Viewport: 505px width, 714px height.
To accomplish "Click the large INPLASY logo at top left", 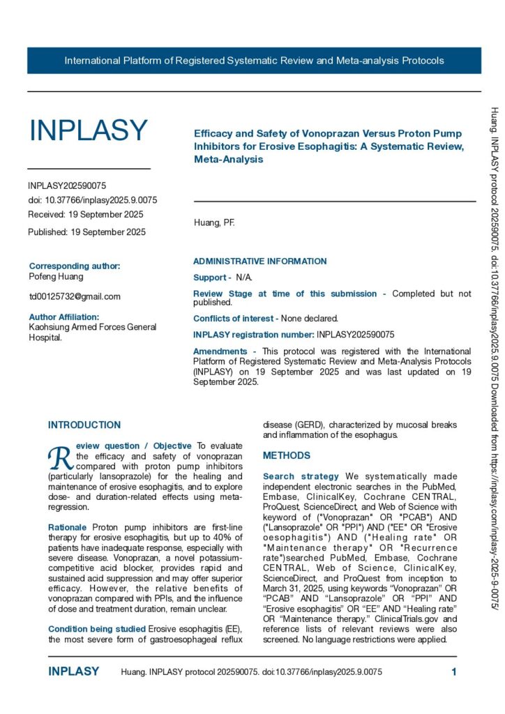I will [x=88, y=130].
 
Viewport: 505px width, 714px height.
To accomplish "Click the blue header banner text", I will [x=254, y=61].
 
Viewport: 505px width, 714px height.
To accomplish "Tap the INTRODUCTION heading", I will [x=84, y=425].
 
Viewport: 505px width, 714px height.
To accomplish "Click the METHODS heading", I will [x=287, y=455].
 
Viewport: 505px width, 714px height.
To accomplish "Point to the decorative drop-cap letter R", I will [x=60, y=457].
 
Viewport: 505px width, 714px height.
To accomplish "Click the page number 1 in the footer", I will [x=454, y=672].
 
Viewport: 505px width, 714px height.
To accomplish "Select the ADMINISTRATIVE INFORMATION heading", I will [x=259, y=261].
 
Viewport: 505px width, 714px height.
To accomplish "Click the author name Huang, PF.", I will [x=214, y=223].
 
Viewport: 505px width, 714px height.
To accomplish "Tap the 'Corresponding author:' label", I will [x=75, y=266].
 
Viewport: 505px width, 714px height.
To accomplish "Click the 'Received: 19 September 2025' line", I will [x=86, y=214].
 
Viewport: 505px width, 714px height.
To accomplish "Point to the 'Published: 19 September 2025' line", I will [x=86, y=232].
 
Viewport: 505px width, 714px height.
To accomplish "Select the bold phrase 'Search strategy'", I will [x=297, y=476].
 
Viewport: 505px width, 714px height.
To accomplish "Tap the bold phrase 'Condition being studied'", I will [x=97, y=629].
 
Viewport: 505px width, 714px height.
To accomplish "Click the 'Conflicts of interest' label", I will [x=234, y=318].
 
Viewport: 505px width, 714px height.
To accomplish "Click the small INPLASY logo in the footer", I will [x=73, y=671].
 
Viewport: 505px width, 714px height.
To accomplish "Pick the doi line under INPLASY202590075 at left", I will [x=92, y=200].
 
